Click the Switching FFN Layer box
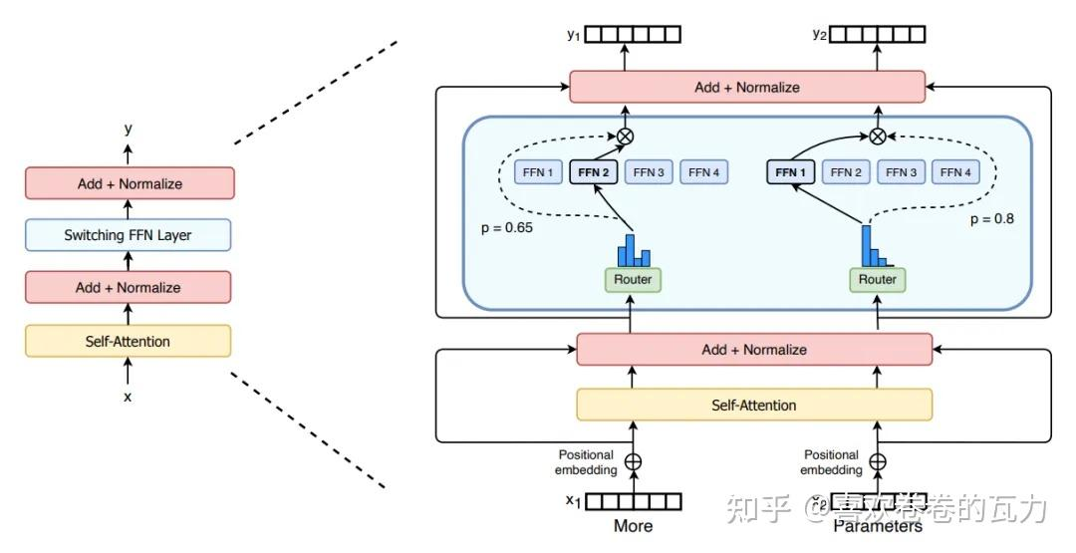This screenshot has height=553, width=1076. click(128, 235)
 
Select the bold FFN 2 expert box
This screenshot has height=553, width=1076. click(594, 172)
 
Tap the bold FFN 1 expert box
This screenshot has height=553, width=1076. click(789, 172)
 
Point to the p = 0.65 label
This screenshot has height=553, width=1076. click(506, 227)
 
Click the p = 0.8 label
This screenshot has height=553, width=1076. click(991, 218)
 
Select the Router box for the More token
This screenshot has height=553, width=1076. click(633, 280)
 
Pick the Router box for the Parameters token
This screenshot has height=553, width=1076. click(877, 280)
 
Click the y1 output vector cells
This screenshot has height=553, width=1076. click(633, 35)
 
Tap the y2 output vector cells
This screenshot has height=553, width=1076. click(878, 35)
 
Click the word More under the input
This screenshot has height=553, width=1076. click(633, 526)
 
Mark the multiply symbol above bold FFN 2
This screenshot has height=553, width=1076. click(626, 136)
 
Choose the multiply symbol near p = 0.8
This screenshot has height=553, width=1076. click(877, 136)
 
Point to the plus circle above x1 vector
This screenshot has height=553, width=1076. click(633, 462)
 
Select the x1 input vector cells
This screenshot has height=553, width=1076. click(633, 501)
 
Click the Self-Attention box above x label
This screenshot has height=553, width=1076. click(128, 341)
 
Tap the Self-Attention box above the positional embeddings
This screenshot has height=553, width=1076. click(754, 405)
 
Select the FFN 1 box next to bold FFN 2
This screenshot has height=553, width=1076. click(538, 172)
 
